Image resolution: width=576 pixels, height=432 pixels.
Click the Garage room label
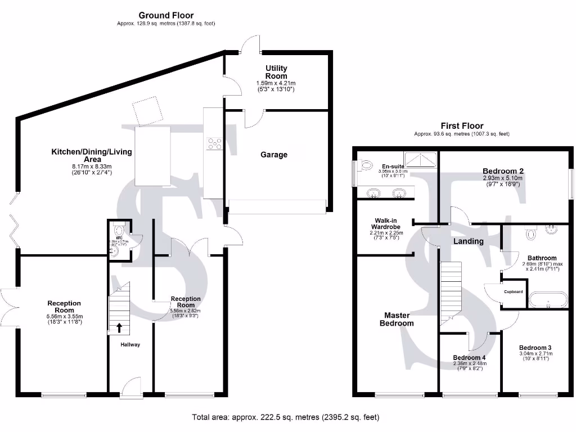273,155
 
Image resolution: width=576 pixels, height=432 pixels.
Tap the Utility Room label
276,72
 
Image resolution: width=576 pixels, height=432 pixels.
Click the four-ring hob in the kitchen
214,144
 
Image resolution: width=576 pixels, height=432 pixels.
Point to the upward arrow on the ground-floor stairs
119,327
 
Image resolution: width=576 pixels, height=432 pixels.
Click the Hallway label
129,344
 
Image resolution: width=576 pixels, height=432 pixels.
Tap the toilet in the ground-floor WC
118,230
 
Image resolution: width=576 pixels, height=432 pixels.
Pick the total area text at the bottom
285,417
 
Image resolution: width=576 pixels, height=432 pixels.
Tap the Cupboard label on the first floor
513,292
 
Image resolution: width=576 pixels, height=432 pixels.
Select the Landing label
469,241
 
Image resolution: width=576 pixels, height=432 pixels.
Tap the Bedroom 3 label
535,348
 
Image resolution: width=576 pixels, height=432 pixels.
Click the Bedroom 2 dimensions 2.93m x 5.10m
503,178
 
